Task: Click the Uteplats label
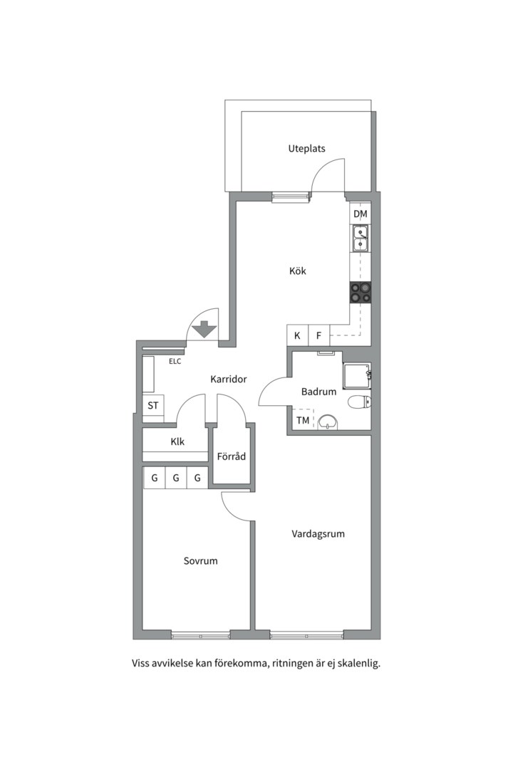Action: pos(306,149)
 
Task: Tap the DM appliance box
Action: pos(361,214)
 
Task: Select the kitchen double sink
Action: pos(361,238)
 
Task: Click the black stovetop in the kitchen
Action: pos(361,292)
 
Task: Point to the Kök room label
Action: pos(297,271)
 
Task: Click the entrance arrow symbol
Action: pos(204,329)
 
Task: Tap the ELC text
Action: pos(175,362)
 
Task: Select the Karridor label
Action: pos(228,380)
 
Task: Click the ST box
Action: pos(152,406)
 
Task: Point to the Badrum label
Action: pos(318,392)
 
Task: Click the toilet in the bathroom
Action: pos(360,402)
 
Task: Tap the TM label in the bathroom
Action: pos(303,421)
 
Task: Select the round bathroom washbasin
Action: pos(328,422)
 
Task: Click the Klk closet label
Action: pos(177,441)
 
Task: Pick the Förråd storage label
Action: pos(232,456)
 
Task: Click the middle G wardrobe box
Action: pos(175,478)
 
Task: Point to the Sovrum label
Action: pos(200,561)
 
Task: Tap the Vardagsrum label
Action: pos(318,533)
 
